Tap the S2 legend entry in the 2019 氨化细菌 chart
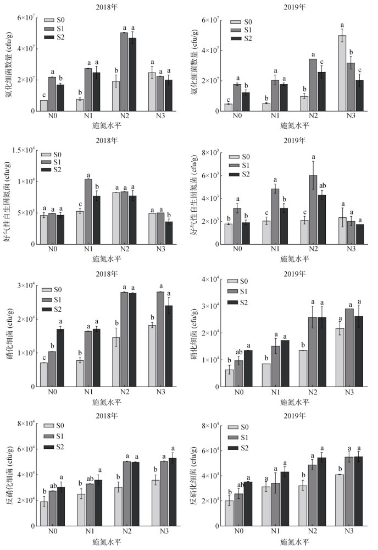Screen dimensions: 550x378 [242, 38]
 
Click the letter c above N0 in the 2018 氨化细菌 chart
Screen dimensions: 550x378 [44, 94]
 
